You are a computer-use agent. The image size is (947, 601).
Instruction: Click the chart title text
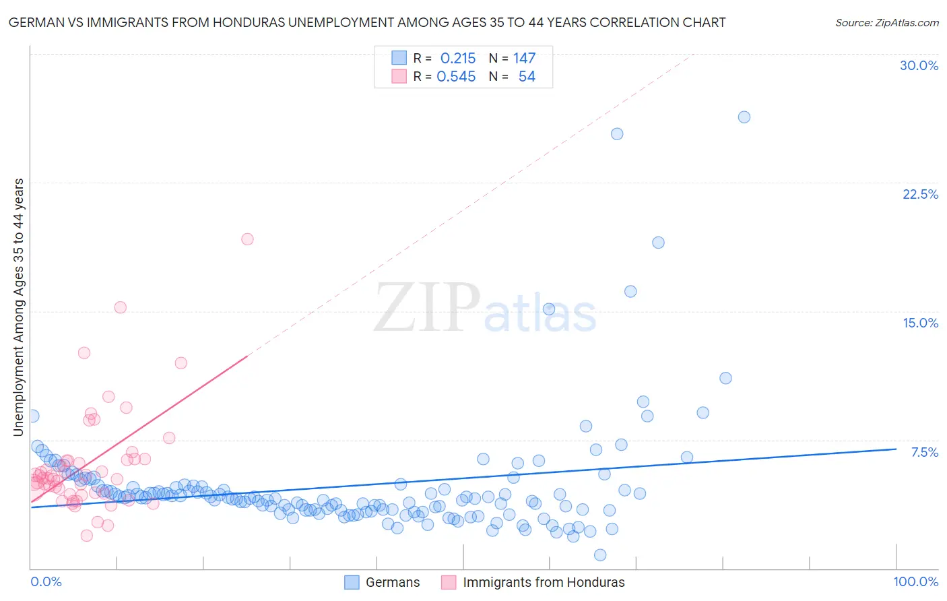pos(367,22)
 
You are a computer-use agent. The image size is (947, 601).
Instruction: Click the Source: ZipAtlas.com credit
pos(886,22)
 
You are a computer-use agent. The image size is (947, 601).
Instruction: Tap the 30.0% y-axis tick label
pos(919,65)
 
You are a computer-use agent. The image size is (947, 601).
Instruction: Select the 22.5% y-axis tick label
pos(920,194)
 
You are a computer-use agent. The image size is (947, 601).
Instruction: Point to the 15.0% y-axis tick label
pos(920,323)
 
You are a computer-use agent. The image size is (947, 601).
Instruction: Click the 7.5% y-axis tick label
pos(924,452)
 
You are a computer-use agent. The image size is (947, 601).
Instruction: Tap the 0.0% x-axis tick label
pos(46,581)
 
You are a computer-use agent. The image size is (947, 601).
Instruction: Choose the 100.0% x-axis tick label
pos(915,581)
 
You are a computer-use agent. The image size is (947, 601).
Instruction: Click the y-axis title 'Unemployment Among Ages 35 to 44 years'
pos(18,307)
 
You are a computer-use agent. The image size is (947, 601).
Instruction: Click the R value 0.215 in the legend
pos(458,59)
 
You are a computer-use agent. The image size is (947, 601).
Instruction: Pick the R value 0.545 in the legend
pos(456,77)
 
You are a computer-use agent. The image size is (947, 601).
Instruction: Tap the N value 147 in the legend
pos(524,59)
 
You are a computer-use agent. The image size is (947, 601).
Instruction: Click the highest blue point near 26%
pos(744,117)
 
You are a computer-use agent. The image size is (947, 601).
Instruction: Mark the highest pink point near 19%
pos(247,239)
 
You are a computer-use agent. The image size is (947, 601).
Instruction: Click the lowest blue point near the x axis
pos(600,555)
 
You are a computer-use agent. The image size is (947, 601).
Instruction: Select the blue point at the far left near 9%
pos(32,416)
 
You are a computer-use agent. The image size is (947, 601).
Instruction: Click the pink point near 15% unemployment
pos(120,307)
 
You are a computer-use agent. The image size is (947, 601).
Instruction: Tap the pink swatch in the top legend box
pos(399,77)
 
